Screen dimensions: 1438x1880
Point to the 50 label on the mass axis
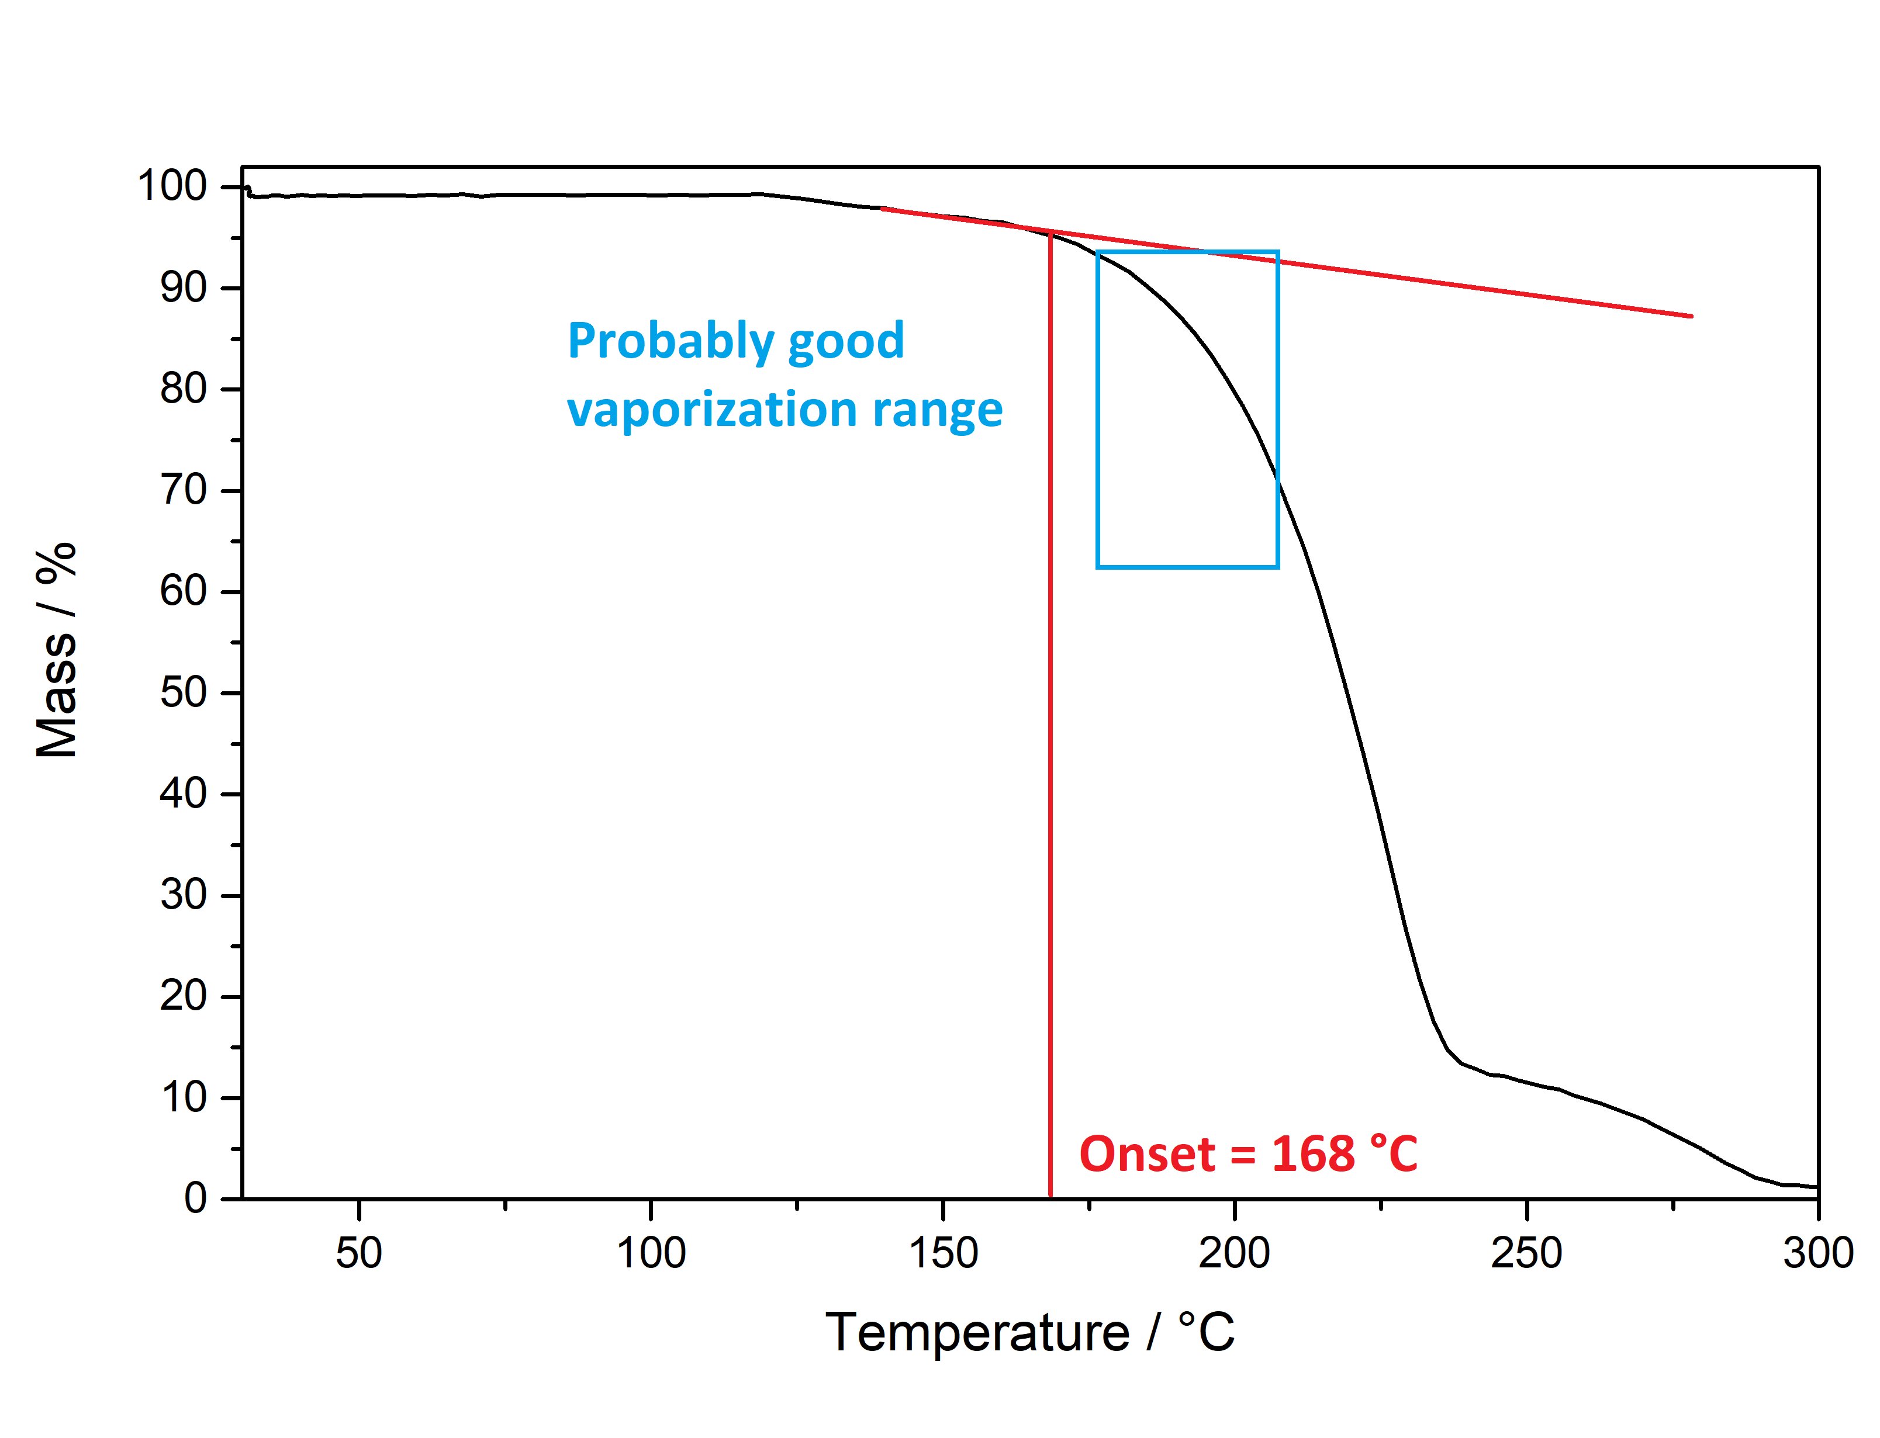tap(183, 692)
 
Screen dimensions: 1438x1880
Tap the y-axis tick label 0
tap(195, 1198)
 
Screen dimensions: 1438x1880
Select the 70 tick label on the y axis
tap(183, 490)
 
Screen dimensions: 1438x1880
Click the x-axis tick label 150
tap(942, 1253)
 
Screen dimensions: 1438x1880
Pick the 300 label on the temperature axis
tap(1817, 1253)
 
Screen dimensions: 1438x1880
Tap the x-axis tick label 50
tap(359, 1253)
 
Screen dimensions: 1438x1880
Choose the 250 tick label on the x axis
tap(1526, 1253)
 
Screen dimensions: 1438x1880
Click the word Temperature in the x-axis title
tap(977, 1333)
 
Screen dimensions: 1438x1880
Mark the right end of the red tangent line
tap(1691, 316)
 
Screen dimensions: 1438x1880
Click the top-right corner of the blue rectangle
tap(1277, 252)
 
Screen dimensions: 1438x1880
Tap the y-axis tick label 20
tap(183, 996)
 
